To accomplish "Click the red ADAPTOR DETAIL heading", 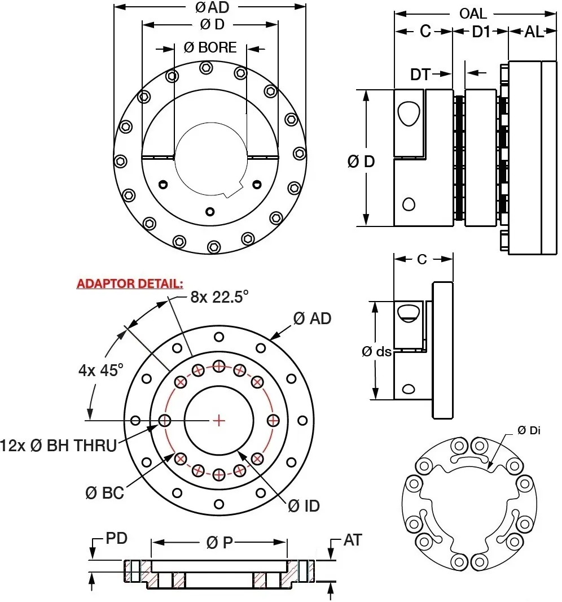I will pos(130,283).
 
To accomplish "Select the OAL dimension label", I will pos(473,14).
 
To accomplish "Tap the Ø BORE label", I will pos(210,48).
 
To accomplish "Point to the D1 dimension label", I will pos(481,32).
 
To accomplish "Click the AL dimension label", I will pos(534,32).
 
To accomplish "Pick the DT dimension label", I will pos(420,73).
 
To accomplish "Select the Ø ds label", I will pos(376,351).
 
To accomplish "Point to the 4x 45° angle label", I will pos(100,370).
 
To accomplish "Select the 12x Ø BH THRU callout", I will pos(59,446).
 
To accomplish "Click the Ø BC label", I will pos(105,492).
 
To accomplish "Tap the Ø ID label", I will pos(304,506).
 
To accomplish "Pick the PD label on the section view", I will pos(117,538).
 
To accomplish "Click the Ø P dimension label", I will pos(219,543).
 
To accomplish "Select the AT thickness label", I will pos(352,540).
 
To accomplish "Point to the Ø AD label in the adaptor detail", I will pos(312,319).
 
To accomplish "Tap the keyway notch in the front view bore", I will pos(232,192).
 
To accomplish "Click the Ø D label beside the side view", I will pos(361,162).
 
